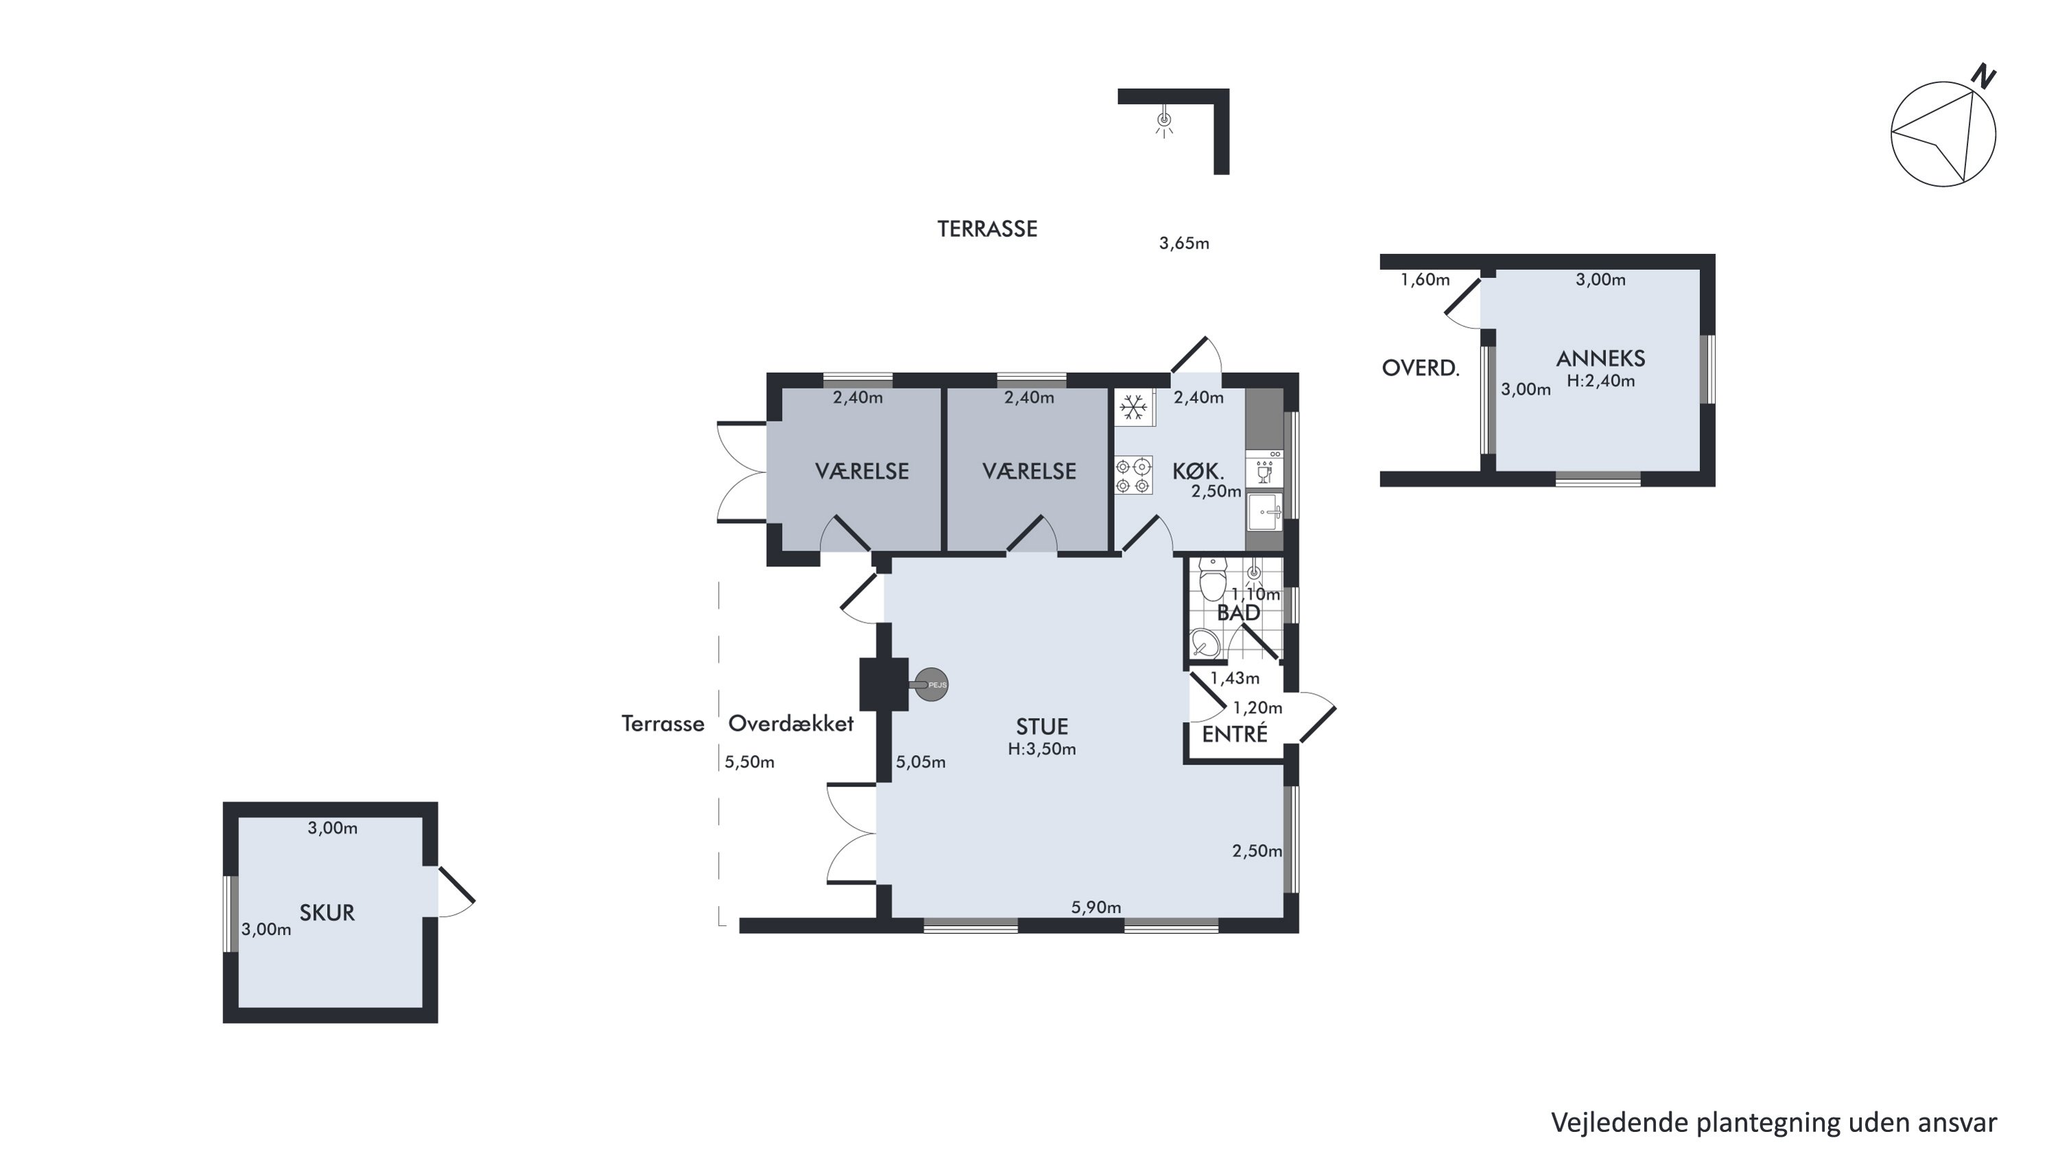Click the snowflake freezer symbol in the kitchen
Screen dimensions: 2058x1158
[1133, 408]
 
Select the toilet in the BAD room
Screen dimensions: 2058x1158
[1212, 579]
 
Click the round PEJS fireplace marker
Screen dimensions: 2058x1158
[931, 685]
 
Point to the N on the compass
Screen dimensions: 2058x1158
[1984, 77]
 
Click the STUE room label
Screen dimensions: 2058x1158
[1042, 726]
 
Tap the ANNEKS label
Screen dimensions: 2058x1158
[1600, 359]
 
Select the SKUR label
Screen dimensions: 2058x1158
[327, 913]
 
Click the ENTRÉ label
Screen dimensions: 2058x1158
[1234, 734]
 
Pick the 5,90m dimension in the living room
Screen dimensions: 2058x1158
[1096, 907]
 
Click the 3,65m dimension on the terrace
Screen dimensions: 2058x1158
[1184, 243]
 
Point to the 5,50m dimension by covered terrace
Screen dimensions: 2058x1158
[749, 762]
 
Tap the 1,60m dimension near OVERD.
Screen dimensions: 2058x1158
[1426, 279]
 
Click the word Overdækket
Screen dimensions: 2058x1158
[791, 723]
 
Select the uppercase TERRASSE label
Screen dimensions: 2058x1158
[987, 229]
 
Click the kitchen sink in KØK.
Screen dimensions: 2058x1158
[1264, 511]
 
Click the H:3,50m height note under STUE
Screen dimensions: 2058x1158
[1042, 749]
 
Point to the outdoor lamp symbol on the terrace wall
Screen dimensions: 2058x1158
[1164, 121]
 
